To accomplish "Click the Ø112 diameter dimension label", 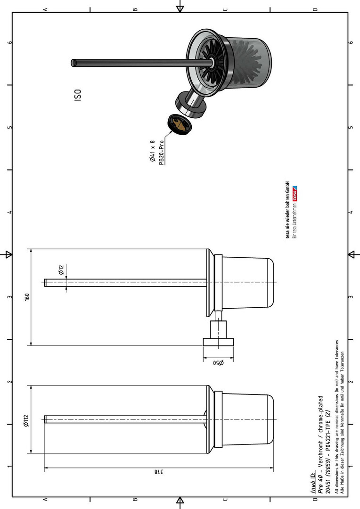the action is (26, 421).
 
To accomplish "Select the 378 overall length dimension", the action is (158, 472).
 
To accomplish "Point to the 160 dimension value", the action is (27, 297).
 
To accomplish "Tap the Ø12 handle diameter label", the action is (62, 270).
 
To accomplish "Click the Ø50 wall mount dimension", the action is (219, 363).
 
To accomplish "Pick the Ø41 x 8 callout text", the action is (152, 151).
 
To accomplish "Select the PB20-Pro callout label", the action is (161, 153).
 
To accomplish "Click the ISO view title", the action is (78, 95).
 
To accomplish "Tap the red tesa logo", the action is (295, 193).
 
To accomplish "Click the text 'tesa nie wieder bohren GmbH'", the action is (287, 210).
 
